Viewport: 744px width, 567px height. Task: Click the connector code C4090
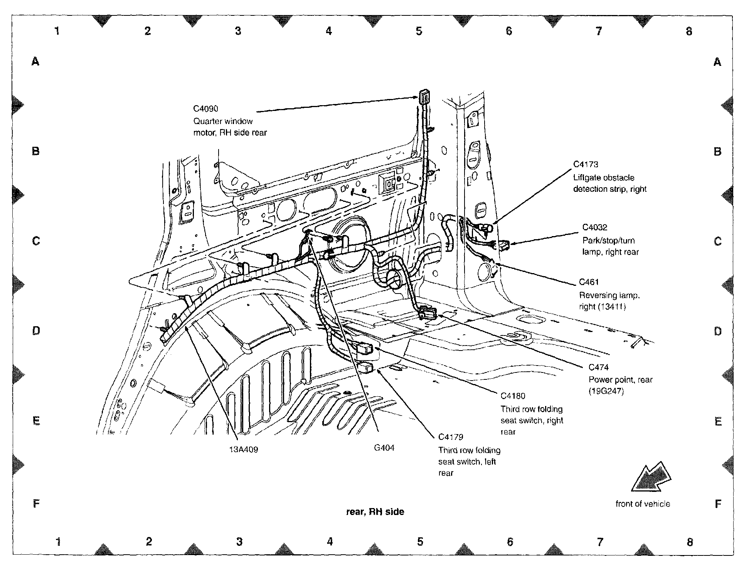206,109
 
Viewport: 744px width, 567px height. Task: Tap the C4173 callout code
586,164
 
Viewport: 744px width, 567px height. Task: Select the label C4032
595,227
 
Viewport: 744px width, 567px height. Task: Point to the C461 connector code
589,282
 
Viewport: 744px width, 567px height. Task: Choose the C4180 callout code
513,396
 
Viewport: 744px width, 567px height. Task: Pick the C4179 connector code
451,437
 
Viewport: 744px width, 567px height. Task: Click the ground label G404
384,448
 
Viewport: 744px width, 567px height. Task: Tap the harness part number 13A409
244,449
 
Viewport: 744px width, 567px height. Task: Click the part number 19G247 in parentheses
606,391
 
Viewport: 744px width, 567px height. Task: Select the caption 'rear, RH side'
375,512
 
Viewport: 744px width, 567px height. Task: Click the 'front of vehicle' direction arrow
651,478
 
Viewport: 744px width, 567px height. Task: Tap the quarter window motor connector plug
424,97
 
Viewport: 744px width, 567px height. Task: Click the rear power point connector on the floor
427,312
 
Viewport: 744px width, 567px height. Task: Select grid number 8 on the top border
689,31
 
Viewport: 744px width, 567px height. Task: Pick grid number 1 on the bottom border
58,542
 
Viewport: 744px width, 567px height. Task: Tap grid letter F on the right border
718,503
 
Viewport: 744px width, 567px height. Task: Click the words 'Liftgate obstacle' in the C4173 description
604,178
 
